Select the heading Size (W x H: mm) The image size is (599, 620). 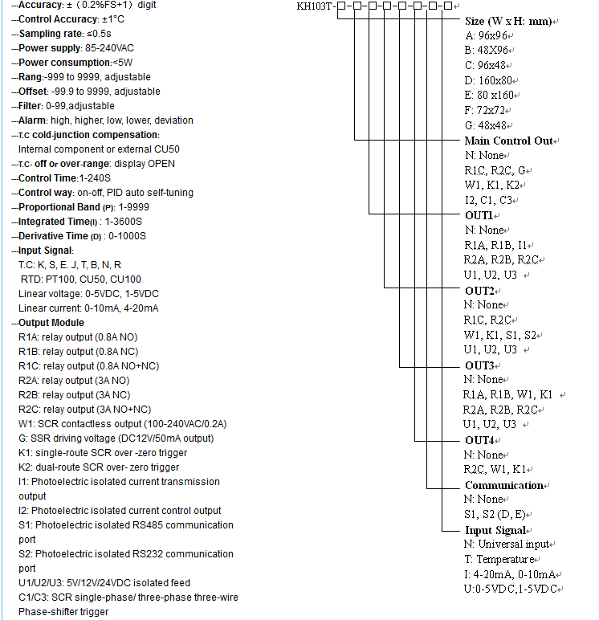pyautogui.click(x=507, y=22)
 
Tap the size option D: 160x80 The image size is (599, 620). pyautogui.click(x=491, y=80)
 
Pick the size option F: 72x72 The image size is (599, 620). pyautogui.click(x=487, y=110)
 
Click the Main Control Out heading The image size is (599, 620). pyautogui.click(x=509, y=141)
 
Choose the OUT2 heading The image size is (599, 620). pyautogui.click(x=479, y=290)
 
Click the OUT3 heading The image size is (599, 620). pyautogui.click(x=479, y=365)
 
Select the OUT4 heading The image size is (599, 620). pyautogui.click(x=479, y=440)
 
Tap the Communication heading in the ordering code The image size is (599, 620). pyautogui.click(x=504, y=485)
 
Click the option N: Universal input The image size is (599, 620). pyautogui.click(x=503, y=545)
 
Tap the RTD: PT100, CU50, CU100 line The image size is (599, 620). pyautogui.click(x=81, y=279)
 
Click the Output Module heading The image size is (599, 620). pyautogui.click(x=51, y=323)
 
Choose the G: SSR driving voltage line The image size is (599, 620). pyautogui.click(x=116, y=438)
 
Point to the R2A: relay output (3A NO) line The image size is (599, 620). pyautogui.click(x=74, y=381)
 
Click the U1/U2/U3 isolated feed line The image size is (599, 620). pyautogui.click(x=104, y=583)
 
